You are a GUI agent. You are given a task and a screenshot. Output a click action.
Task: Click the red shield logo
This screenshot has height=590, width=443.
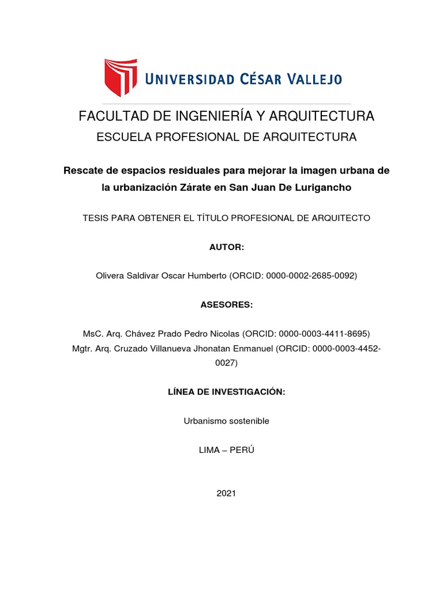pos(120,77)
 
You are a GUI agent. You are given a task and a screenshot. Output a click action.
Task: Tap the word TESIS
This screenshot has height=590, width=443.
pos(96,218)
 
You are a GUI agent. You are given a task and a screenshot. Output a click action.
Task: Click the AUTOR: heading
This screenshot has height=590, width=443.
pos(226,247)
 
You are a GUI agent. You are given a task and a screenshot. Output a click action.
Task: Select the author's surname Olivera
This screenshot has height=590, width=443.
pos(111,276)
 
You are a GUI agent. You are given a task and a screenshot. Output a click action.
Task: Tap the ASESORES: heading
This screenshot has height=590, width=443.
pos(226,305)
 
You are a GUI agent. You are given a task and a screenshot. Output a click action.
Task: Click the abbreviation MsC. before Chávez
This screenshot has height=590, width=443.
pos(93,334)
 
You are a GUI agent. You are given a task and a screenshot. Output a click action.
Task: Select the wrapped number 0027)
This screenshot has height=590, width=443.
pos(226,363)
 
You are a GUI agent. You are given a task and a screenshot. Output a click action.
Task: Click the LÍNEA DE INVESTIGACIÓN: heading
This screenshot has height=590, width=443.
pos(226,392)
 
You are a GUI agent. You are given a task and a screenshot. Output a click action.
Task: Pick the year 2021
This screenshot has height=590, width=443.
pos(226,493)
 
